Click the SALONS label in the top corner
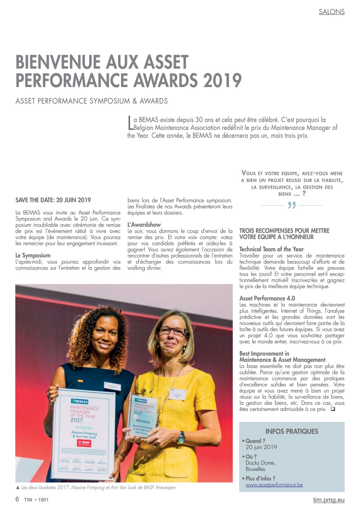tap(331, 12)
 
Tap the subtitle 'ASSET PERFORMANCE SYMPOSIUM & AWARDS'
tap(92, 101)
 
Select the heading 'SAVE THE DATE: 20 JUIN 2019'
tap(53, 200)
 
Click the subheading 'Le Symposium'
tap(33, 256)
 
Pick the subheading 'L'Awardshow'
tap(144, 225)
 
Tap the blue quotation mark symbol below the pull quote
tap(292, 206)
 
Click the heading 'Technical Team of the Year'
tap(272, 249)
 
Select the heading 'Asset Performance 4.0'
tap(267, 298)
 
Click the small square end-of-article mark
tap(333, 409)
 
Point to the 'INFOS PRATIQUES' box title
tap(292, 431)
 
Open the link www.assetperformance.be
tap(274, 485)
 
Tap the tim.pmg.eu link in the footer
tap(329, 500)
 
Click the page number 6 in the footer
tap(17, 499)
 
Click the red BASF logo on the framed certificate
tap(82, 443)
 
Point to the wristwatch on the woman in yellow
tap(181, 437)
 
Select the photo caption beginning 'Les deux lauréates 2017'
tap(98, 488)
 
